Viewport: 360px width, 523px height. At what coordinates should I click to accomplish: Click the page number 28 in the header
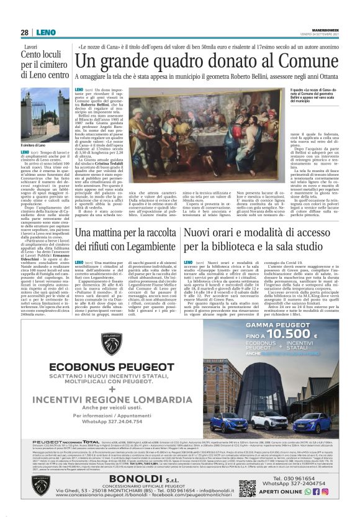click(x=24, y=32)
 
